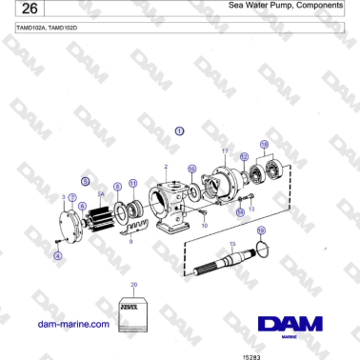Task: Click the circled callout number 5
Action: (x=87, y=179)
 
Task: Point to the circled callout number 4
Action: (x=57, y=255)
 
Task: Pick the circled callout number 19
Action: (x=263, y=231)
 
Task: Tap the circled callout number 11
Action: (x=132, y=183)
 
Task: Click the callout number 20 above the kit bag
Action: (x=133, y=284)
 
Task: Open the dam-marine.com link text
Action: (x=72, y=325)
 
